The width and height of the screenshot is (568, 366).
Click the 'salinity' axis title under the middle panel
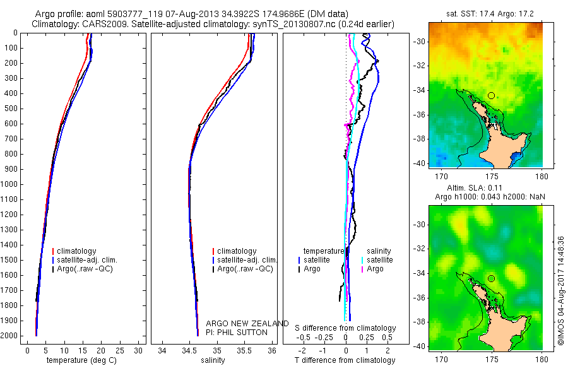click(x=213, y=361)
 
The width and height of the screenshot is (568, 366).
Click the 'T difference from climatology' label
click(x=345, y=361)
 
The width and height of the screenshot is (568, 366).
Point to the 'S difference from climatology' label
click(x=346, y=328)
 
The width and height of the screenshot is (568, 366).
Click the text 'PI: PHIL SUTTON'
click(x=237, y=332)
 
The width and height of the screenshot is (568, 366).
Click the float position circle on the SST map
click(x=491, y=95)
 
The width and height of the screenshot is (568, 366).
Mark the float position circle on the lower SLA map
click(x=491, y=278)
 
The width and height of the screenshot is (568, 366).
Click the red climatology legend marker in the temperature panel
click(x=53, y=251)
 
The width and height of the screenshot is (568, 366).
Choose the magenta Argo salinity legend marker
click(x=362, y=269)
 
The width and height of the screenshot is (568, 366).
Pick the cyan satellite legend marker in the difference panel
click(x=362, y=260)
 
